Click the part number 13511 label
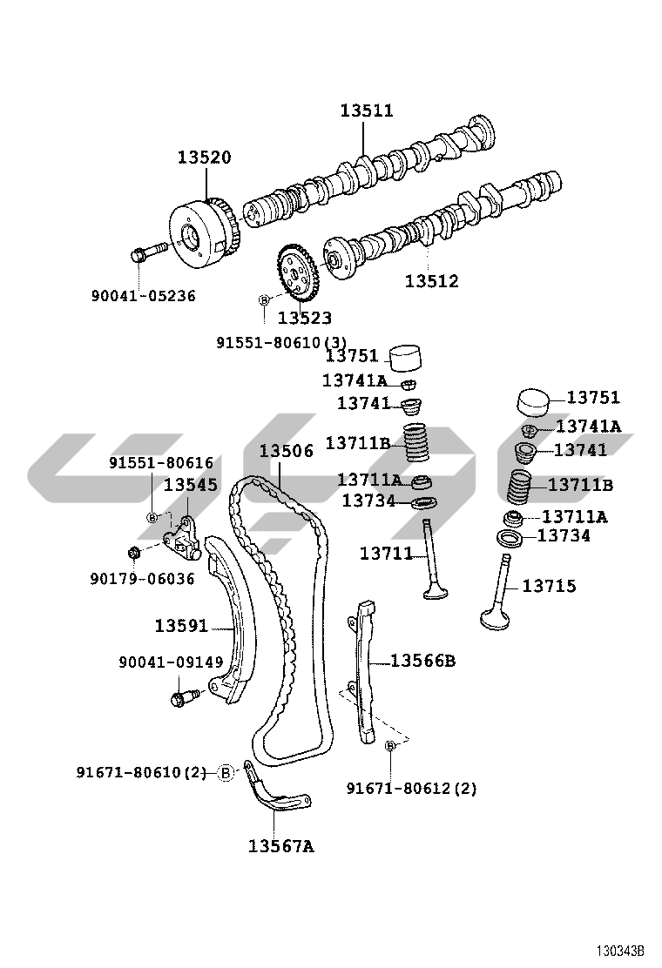click(x=367, y=111)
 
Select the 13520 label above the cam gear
click(x=205, y=158)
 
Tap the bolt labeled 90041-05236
click(x=148, y=252)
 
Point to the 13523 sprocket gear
click(x=298, y=272)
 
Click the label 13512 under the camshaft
click(x=432, y=281)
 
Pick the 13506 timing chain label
click(x=286, y=451)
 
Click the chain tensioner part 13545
click(x=182, y=539)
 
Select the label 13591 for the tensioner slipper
click(x=181, y=626)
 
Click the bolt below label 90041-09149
click(x=184, y=697)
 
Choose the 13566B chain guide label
click(x=423, y=662)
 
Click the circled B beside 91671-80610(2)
click(x=226, y=772)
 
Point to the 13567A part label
click(x=281, y=846)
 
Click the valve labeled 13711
click(x=431, y=560)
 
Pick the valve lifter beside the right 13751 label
click(x=532, y=402)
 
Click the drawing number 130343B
click(x=619, y=950)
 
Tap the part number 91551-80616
click(x=161, y=463)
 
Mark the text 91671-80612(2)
click(x=411, y=789)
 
